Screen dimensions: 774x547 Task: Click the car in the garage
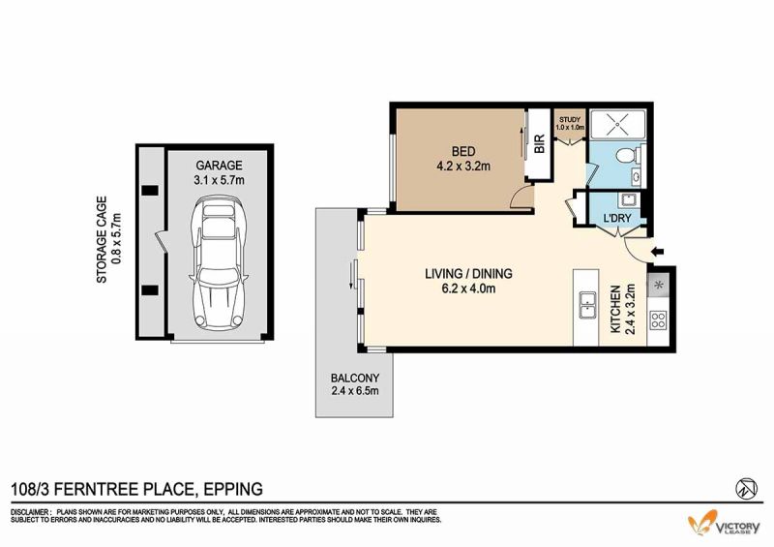[218, 263]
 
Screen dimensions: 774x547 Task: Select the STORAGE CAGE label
[108, 240]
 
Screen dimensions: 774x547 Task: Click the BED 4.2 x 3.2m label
[463, 159]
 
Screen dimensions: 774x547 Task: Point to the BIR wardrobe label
[540, 144]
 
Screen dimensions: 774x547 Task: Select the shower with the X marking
[617, 123]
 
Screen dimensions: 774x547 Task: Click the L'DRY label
[617, 218]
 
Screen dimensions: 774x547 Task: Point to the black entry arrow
[658, 252]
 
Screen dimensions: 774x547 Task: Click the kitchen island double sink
[587, 305]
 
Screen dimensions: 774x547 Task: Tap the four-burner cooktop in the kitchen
[658, 319]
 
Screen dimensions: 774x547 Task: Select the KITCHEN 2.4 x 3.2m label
[622, 310]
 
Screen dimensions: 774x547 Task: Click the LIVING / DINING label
[468, 281]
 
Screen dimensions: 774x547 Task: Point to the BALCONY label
[355, 384]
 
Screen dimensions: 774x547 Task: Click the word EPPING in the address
[233, 489]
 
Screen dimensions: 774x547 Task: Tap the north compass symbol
[746, 489]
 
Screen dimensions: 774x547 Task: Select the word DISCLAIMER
[30, 512]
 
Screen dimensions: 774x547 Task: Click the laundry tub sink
[628, 200]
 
